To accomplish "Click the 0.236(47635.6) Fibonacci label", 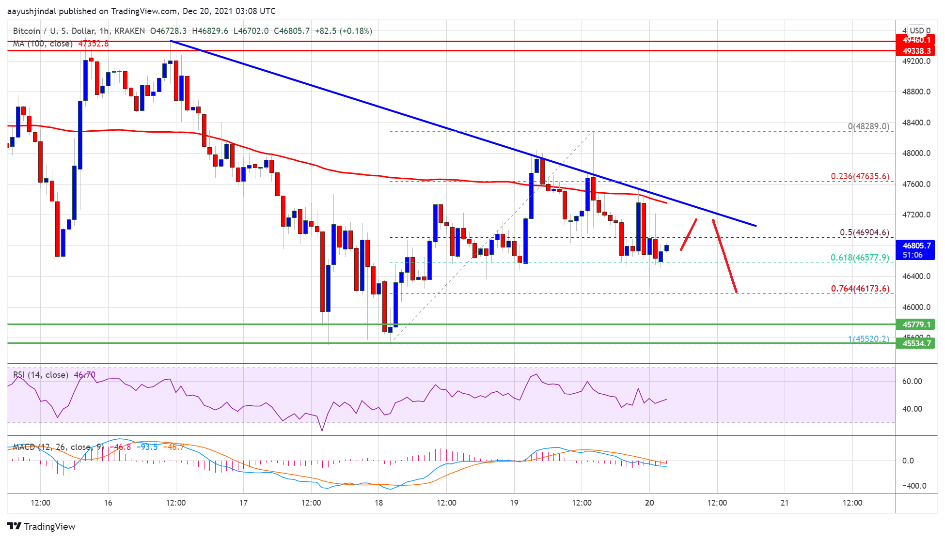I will (860, 176).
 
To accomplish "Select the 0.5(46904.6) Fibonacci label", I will (864, 232).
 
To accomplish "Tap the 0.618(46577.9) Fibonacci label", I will (860, 258).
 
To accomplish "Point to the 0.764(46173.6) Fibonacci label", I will (860, 289).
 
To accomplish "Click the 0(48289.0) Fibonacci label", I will (868, 126).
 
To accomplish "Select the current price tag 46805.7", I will (915, 246).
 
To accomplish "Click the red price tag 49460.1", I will (916, 40).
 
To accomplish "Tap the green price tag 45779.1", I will (916, 324).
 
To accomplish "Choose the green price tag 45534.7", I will (916, 343).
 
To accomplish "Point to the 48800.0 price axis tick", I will (916, 92).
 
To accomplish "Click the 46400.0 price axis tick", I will (916, 276).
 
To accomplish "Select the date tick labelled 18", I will (378, 503).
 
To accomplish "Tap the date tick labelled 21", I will (785, 503).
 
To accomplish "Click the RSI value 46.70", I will (85, 375).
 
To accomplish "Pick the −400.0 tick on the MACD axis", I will (914, 486).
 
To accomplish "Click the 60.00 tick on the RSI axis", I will (912, 381).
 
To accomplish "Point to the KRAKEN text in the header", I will (129, 31).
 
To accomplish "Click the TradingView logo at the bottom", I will (42, 526).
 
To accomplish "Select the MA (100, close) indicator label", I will (43, 44).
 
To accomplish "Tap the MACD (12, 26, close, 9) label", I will (58, 447).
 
